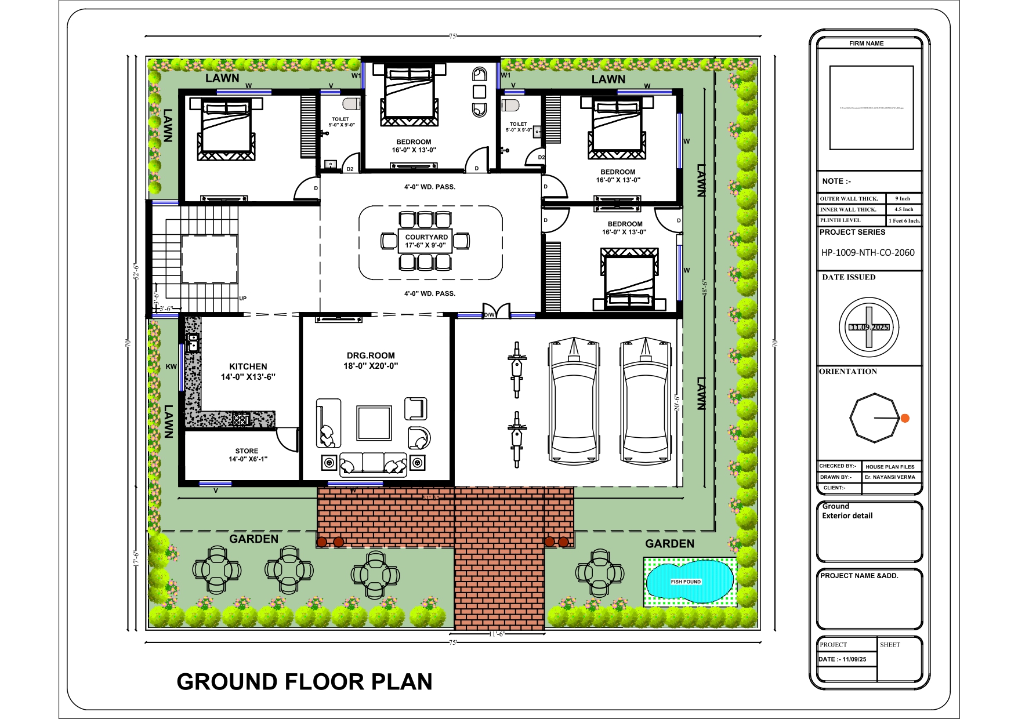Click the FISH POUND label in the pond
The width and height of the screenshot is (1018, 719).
click(686, 582)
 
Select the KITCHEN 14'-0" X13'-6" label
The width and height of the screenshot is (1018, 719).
click(248, 372)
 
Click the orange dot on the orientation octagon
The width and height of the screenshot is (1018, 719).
click(905, 418)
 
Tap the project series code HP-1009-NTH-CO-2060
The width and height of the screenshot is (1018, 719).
click(868, 252)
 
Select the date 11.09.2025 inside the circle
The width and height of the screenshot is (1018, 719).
click(869, 327)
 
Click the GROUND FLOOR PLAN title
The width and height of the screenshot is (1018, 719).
click(305, 682)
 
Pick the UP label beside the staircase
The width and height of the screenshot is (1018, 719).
click(242, 299)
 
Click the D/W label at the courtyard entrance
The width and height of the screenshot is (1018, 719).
click(490, 315)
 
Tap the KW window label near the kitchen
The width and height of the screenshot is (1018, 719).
click(171, 366)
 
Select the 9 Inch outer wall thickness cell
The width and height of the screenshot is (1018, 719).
click(903, 198)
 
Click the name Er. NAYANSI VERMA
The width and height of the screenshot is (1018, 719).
click(890, 477)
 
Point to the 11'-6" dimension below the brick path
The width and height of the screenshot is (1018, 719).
click(497, 634)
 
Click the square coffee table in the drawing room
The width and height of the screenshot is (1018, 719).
click(374, 424)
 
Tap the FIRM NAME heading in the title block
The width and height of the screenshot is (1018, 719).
click(866, 43)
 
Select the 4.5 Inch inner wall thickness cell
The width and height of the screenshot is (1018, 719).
click(903, 209)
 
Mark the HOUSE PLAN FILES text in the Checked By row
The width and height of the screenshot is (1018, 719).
click(890, 467)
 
